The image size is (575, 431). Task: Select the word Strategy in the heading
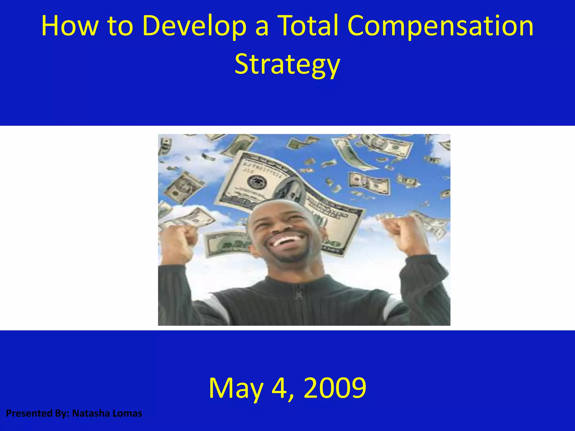pos(287,65)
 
